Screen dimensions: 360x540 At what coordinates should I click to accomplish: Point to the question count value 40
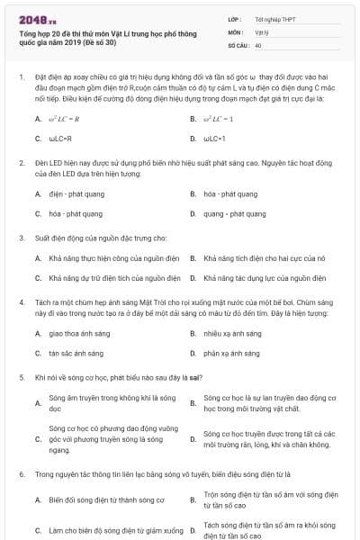pyautogui.click(x=258, y=44)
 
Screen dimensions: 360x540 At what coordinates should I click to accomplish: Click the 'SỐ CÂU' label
pyautogui.click(x=238, y=44)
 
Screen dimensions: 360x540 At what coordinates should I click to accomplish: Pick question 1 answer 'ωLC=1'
pyautogui.click(x=213, y=139)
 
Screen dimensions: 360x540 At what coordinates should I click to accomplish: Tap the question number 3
pyautogui.click(x=21, y=238)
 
